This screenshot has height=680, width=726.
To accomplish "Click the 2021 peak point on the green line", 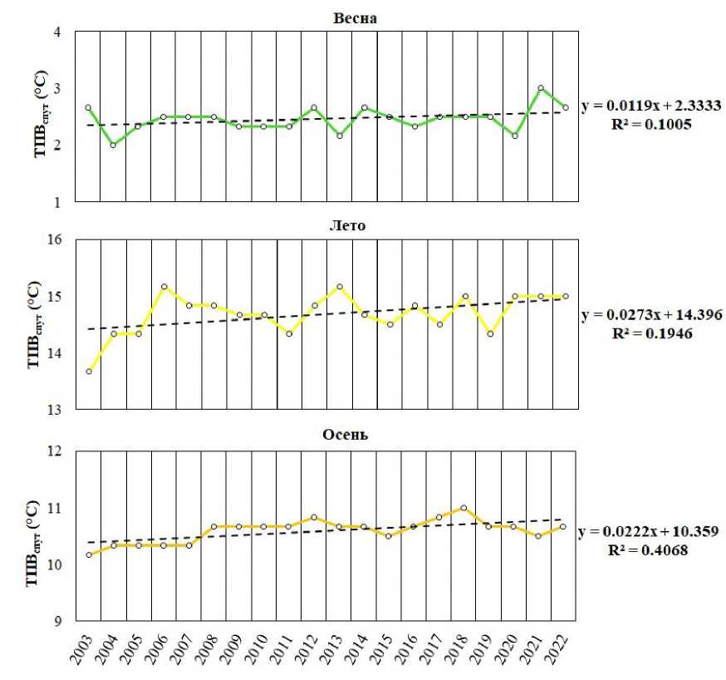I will [x=541, y=87].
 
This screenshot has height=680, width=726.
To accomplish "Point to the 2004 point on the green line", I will [x=113, y=145].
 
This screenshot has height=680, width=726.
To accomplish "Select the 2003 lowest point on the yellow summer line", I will [x=88, y=372].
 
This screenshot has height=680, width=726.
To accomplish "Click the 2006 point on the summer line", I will [x=164, y=287].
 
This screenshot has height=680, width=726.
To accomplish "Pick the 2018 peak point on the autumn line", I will [x=464, y=508].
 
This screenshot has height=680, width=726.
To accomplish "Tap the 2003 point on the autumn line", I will [x=88, y=554].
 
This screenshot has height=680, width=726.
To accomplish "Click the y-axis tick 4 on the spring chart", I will [x=57, y=32].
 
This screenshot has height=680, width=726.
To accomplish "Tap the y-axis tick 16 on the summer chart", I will [x=54, y=241].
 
